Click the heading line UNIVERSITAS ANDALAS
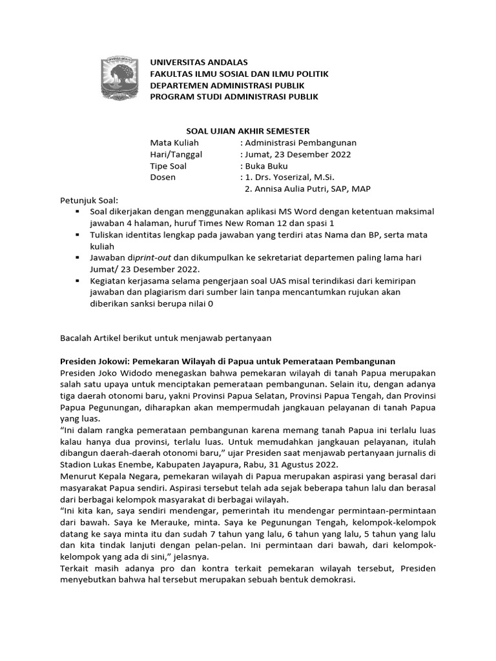[198, 63]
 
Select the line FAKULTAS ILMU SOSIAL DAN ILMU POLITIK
[239, 74]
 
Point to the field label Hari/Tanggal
[176, 154]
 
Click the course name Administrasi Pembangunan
[300, 143]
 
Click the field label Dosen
[163, 178]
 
